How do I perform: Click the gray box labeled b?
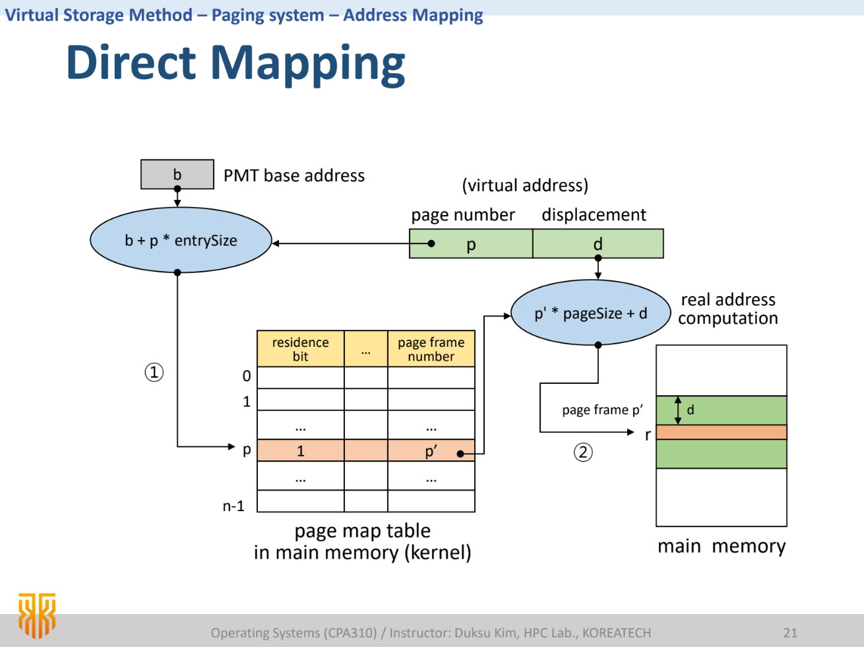click(x=177, y=174)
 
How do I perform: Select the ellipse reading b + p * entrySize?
click(x=181, y=241)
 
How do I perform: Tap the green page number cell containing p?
click(x=471, y=244)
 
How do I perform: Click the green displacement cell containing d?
click(x=598, y=244)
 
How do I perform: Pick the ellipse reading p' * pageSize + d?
click(x=591, y=313)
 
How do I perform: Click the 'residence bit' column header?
click(x=300, y=349)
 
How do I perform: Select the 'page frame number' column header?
click(x=431, y=349)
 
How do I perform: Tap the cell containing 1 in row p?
click(x=300, y=451)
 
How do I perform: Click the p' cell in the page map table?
click(x=431, y=451)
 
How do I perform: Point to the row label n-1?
click(x=233, y=506)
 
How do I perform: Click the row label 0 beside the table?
click(x=247, y=376)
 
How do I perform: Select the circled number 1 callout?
click(x=154, y=373)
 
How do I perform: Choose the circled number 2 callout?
click(x=583, y=452)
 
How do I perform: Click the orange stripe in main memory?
click(x=721, y=432)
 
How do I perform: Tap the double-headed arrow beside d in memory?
click(x=678, y=410)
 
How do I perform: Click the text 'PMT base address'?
click(x=294, y=175)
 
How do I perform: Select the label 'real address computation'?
click(x=728, y=309)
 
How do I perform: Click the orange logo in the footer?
click(x=36, y=615)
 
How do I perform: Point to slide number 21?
click(x=790, y=633)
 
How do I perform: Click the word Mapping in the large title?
click(x=307, y=63)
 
